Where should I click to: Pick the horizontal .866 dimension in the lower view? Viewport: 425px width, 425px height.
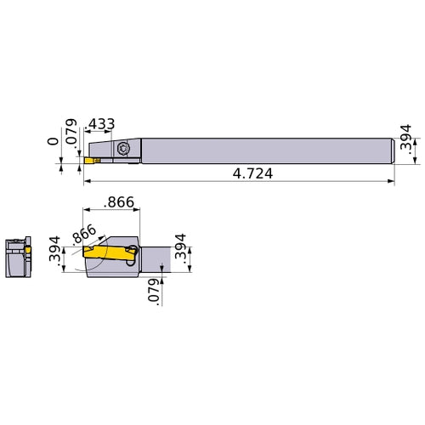click(120, 203)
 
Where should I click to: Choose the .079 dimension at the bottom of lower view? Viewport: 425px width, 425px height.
click(155, 291)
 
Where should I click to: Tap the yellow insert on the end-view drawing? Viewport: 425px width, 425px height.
click(27, 252)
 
